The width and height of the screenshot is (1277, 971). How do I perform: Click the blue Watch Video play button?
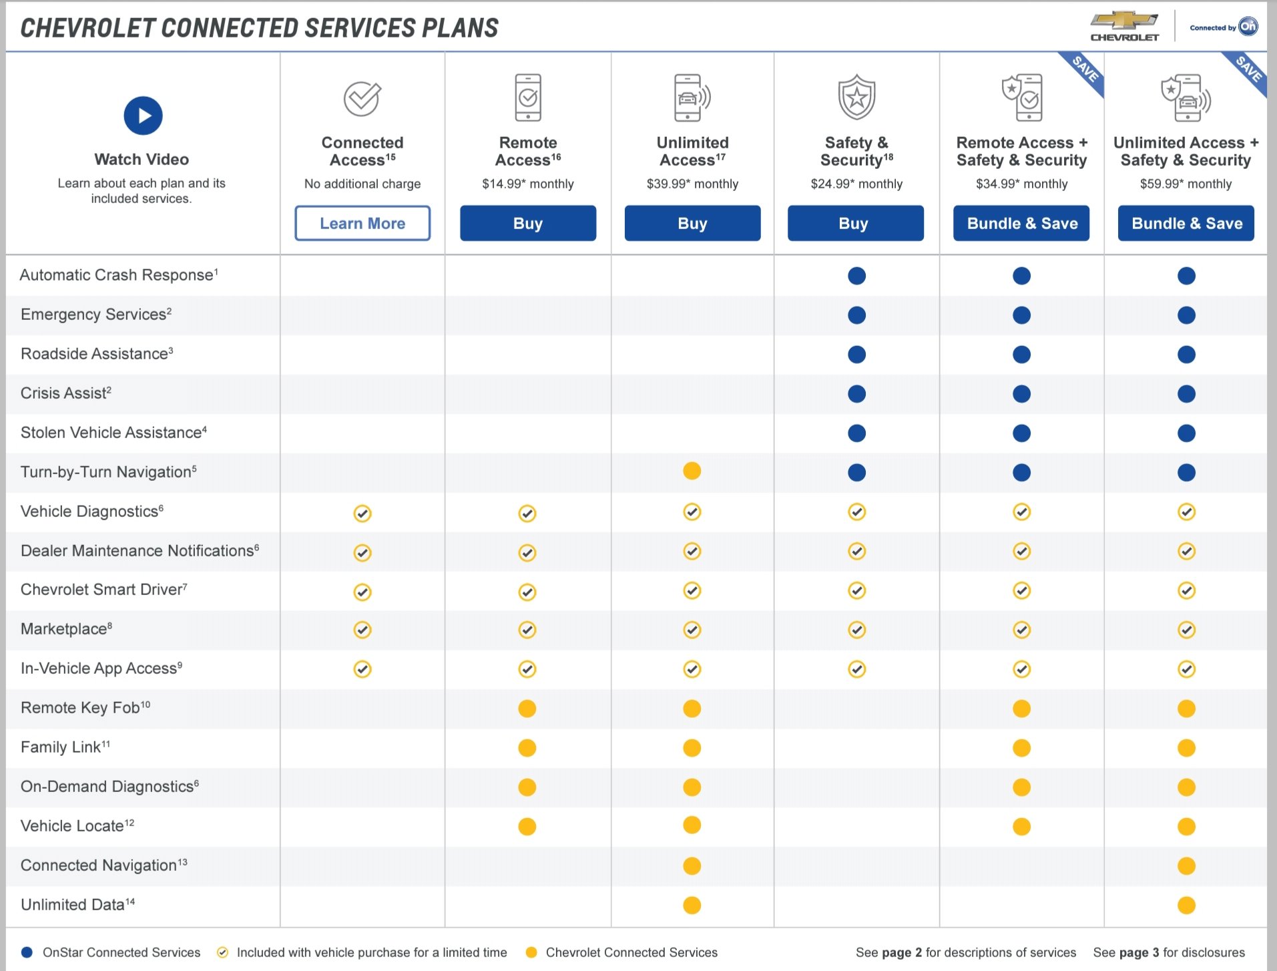(x=143, y=116)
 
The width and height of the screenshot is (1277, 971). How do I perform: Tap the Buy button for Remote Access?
(x=527, y=223)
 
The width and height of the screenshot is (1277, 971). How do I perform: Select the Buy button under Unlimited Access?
(x=692, y=223)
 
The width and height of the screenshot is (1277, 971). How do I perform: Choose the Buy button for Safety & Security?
(x=855, y=223)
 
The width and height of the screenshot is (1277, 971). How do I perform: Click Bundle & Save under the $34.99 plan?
(x=1021, y=223)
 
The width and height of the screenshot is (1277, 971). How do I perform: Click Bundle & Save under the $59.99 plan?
(x=1186, y=223)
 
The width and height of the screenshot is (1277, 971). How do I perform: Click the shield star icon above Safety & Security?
(x=856, y=98)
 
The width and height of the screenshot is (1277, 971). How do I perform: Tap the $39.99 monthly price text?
(x=692, y=184)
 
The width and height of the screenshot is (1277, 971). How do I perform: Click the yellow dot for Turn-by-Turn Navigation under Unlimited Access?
(x=692, y=471)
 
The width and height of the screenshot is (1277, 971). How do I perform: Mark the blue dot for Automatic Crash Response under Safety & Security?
(x=856, y=276)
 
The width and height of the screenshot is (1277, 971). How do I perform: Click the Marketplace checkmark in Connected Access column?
(x=362, y=630)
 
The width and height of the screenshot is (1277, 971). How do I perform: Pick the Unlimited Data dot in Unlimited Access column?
(x=692, y=905)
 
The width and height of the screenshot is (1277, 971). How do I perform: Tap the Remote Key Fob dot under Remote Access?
(x=527, y=709)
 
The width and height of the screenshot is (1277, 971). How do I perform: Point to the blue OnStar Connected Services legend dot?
(x=27, y=952)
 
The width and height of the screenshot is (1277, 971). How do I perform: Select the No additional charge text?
(x=362, y=184)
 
